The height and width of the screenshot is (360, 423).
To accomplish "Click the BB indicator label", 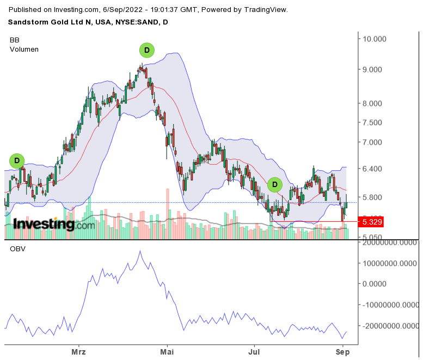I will point(15,40).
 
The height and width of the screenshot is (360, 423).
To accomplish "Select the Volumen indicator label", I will point(24,49).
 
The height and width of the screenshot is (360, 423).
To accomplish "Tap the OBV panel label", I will point(17,249).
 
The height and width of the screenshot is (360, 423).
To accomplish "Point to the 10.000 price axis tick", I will point(375,39).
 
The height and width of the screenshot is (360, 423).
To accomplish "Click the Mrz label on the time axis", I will point(78,351).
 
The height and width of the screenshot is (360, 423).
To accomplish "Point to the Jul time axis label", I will point(253,351).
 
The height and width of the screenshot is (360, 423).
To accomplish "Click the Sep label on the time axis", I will point(342,351).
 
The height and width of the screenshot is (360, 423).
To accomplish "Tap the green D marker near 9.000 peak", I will point(146,51).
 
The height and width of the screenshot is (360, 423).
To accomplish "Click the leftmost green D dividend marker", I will point(17,160).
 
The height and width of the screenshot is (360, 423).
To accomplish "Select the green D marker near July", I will point(275,185).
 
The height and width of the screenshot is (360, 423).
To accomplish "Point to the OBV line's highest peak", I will point(140,251).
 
